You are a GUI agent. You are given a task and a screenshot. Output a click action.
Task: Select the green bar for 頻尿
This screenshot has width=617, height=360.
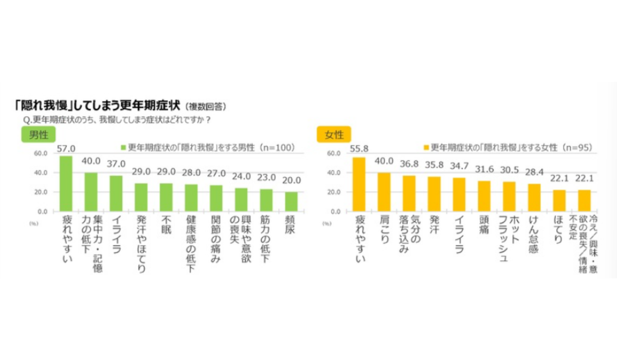click(x=291, y=202)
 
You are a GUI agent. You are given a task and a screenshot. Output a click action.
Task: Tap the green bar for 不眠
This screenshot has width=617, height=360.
click(x=166, y=197)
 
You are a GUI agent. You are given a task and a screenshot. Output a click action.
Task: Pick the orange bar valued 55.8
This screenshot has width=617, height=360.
click(x=359, y=184)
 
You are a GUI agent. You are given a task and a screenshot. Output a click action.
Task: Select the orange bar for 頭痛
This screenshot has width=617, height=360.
click(x=484, y=196)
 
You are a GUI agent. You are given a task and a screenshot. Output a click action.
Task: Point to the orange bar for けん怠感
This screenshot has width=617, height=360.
click(x=534, y=197)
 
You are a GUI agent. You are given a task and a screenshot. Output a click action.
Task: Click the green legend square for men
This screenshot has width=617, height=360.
click(x=123, y=147)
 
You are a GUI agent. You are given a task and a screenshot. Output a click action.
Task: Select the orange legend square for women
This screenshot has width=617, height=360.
click(x=425, y=147)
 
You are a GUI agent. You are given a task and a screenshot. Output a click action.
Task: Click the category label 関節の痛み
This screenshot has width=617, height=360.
click(x=216, y=239)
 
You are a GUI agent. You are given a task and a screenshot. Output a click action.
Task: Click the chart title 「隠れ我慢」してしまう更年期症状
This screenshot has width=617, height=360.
click(x=98, y=106)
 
